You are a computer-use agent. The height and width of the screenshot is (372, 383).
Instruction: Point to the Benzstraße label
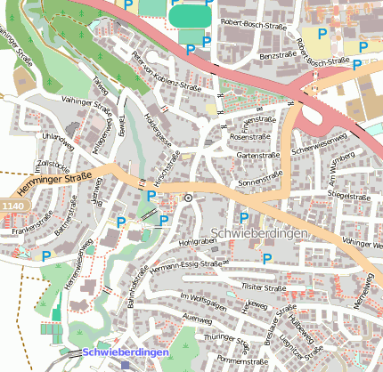276,55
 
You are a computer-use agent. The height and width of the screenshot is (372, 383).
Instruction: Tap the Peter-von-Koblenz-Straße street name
167,76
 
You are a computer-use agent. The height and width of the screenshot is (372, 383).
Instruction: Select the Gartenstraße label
259,155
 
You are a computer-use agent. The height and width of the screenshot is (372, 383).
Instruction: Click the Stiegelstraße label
347,194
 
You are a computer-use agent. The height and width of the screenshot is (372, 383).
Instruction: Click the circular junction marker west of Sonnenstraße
188,198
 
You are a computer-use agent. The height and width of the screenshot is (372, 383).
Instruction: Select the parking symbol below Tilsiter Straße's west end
266,259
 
